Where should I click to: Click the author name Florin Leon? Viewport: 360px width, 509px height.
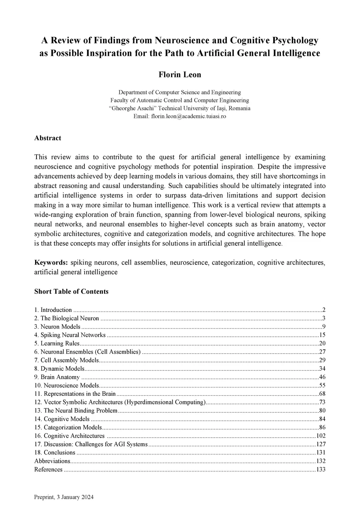(x=180, y=75)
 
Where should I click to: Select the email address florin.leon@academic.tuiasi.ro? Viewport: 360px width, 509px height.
(x=188, y=116)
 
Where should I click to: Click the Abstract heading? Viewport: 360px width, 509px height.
(x=47, y=138)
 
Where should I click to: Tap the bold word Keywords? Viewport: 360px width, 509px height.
(x=51, y=263)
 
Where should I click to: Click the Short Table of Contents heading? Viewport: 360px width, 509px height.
(x=71, y=291)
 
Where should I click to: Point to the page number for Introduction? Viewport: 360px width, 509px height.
(x=324, y=310)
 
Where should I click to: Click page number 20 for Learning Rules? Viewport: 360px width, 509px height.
(x=322, y=343)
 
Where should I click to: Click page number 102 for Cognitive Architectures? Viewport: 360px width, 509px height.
(x=321, y=436)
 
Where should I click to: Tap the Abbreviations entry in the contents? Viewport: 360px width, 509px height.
(x=52, y=461)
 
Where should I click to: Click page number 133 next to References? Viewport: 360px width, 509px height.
(x=321, y=470)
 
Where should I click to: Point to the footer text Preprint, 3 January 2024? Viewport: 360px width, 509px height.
(x=64, y=497)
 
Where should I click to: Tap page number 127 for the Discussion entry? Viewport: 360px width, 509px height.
(x=321, y=444)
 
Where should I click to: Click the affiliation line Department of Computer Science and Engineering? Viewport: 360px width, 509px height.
(x=180, y=92)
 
